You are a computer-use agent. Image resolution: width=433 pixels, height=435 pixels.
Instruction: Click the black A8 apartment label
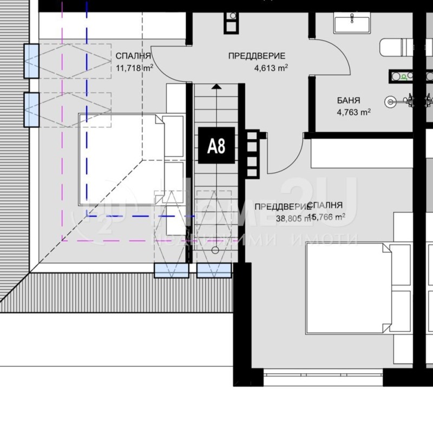[x=216, y=145]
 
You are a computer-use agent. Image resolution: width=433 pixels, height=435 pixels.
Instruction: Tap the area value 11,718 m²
[x=134, y=68]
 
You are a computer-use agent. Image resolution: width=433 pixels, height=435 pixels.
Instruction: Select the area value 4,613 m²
[x=271, y=68]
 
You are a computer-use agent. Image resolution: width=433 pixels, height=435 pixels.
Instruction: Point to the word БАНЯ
[x=348, y=100]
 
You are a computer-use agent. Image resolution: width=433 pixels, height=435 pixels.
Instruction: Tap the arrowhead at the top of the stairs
[x=216, y=86]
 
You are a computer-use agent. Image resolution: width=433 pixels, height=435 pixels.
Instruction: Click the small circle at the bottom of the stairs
[x=215, y=250]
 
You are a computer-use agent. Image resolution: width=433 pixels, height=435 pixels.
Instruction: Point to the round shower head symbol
[x=391, y=100]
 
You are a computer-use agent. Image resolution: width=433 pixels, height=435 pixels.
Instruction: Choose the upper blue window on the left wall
[x=31, y=60]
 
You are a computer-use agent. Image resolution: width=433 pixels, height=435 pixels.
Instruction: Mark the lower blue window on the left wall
[x=31, y=109]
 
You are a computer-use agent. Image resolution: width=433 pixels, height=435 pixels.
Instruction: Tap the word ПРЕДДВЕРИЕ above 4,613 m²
[x=257, y=56]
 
